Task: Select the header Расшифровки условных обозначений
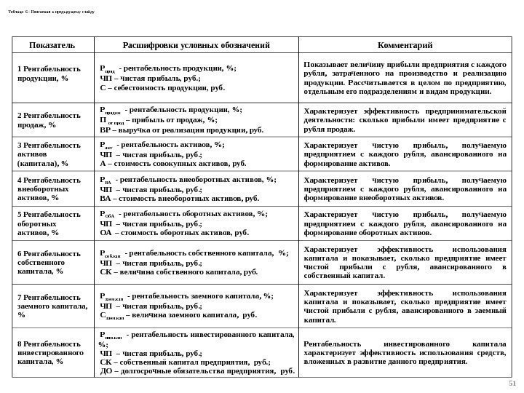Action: point(196,45)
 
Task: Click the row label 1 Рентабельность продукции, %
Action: point(49,74)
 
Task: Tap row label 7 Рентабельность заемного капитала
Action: point(51,308)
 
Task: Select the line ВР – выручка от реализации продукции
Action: point(181,132)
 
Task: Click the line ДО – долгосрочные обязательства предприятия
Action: point(196,370)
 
